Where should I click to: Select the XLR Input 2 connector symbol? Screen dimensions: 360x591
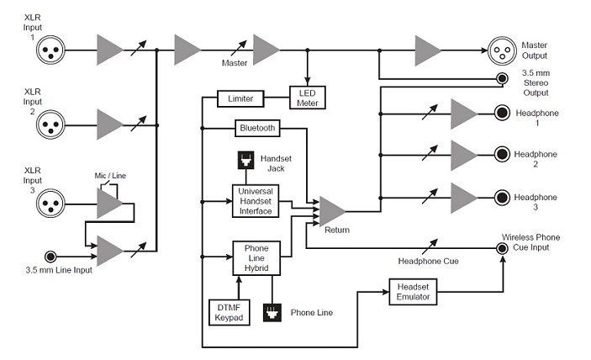[x=50, y=125]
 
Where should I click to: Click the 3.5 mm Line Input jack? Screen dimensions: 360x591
[x=51, y=255]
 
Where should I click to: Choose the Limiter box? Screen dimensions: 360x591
[x=240, y=98]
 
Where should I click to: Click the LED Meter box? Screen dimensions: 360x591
[x=307, y=98]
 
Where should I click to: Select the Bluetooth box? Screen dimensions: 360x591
[x=256, y=129]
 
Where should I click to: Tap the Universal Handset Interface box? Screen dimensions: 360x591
[x=256, y=202]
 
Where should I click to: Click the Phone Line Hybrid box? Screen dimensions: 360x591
[x=256, y=258]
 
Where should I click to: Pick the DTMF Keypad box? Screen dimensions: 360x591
[x=225, y=311]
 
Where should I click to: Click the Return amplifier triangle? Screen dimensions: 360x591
[x=330, y=211]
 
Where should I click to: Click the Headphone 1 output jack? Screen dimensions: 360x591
[x=501, y=113]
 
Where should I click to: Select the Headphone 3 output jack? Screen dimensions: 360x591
[x=501, y=197]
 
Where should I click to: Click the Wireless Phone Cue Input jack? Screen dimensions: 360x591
[x=503, y=249]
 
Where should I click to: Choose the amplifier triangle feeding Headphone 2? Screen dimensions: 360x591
[x=462, y=155]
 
